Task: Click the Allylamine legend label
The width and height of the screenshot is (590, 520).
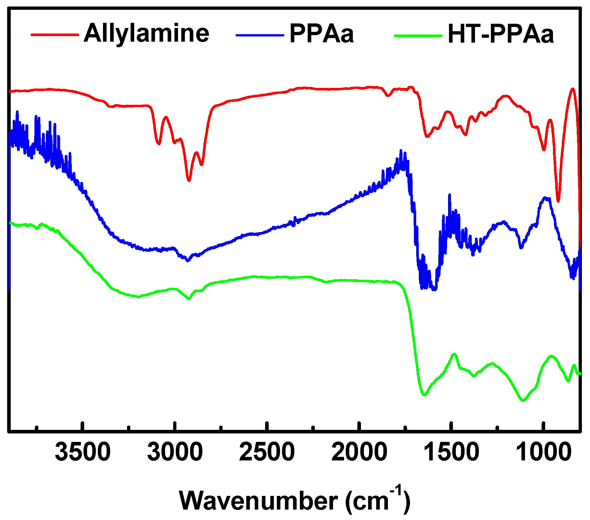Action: (147, 33)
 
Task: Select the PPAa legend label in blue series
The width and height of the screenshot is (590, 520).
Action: (321, 34)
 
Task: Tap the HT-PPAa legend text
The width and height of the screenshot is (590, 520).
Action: (501, 34)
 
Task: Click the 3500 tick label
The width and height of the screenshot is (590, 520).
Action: (83, 453)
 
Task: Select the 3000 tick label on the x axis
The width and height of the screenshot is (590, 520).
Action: (175, 453)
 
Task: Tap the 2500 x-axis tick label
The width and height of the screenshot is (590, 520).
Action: (267, 453)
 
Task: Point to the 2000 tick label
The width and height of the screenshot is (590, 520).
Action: (359, 453)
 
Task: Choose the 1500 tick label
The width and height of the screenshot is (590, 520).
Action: (451, 453)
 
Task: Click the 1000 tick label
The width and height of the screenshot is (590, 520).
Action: (543, 453)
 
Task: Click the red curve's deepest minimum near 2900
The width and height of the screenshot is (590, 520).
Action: (189, 180)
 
